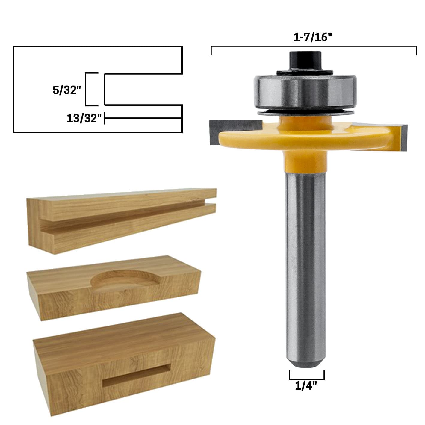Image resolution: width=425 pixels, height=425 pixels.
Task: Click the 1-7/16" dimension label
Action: (312, 37)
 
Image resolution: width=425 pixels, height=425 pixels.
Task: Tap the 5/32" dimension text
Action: (67, 90)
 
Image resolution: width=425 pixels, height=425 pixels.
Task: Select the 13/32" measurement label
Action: (84, 118)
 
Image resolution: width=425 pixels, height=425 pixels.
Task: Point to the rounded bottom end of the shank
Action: (305, 362)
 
